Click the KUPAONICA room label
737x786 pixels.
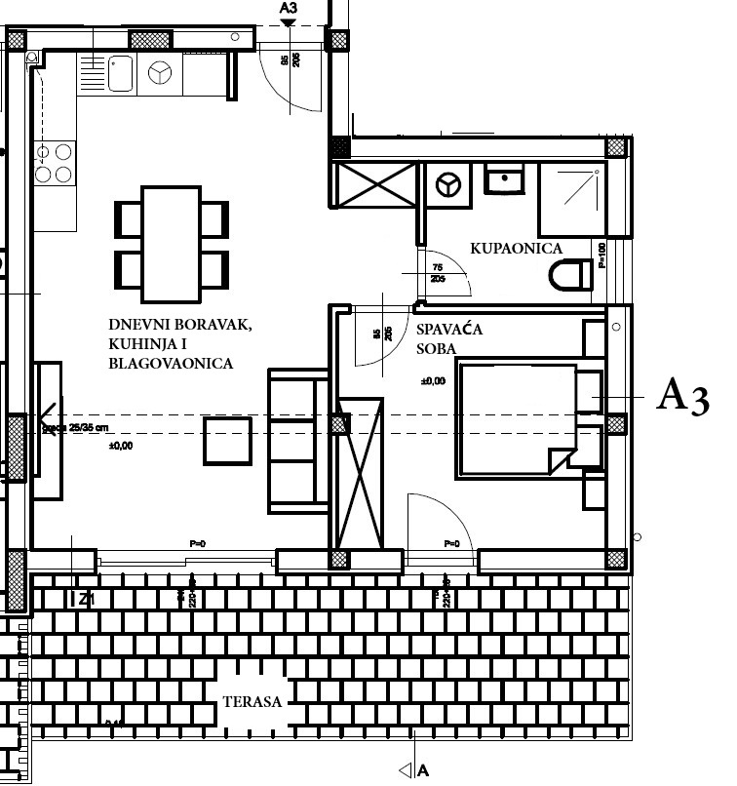click(x=516, y=249)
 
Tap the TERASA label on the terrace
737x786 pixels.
click(x=252, y=701)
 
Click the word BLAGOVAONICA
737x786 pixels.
click(x=171, y=364)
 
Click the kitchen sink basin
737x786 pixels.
click(x=121, y=73)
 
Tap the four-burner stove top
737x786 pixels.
click(x=55, y=163)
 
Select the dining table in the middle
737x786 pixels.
click(x=172, y=244)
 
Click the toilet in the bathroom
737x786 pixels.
click(x=569, y=276)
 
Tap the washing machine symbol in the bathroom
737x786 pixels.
click(x=448, y=184)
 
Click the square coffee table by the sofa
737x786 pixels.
click(x=228, y=439)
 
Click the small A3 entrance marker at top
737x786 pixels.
click(x=287, y=12)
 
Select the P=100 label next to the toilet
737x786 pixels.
click(x=601, y=255)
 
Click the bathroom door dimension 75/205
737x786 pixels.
click(x=437, y=272)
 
